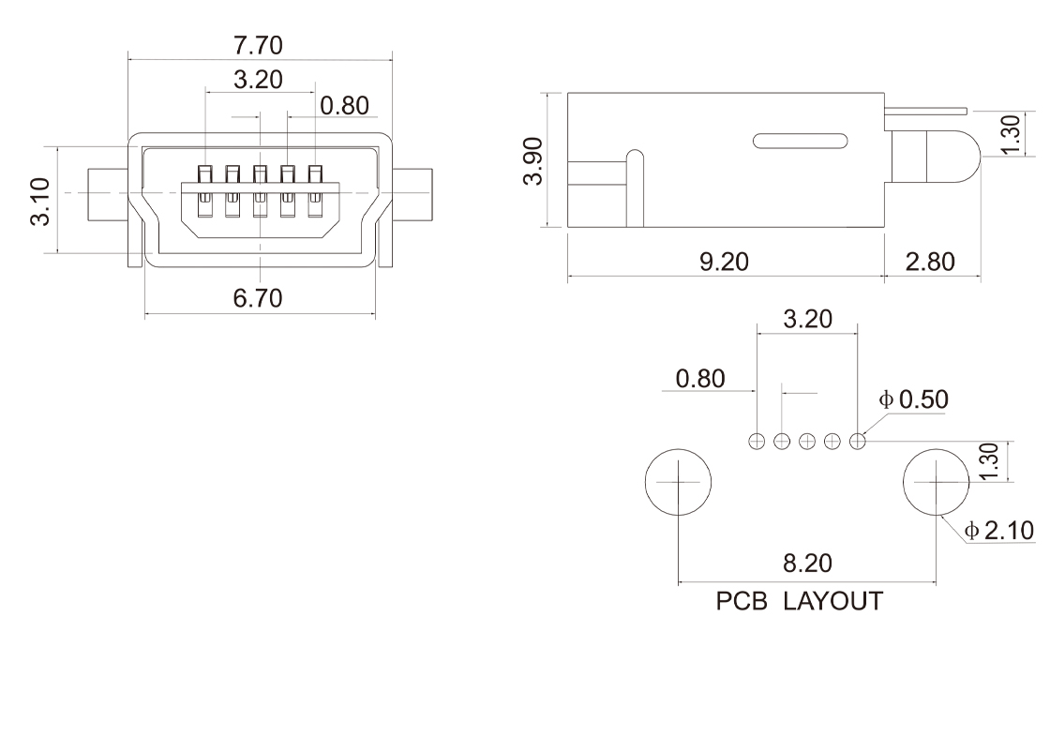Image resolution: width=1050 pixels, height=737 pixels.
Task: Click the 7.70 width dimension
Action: (260, 44)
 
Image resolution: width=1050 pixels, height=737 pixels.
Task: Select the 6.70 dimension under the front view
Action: (260, 298)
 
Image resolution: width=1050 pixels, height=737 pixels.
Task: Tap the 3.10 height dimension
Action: (40, 201)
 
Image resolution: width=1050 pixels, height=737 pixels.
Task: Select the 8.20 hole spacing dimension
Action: (806, 564)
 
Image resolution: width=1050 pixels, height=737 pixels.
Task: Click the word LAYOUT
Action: (832, 601)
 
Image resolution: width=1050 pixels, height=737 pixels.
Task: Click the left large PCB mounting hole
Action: (678, 482)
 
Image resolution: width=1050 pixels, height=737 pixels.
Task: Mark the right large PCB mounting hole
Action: (936, 482)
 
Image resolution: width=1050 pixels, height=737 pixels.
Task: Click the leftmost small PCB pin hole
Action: (757, 440)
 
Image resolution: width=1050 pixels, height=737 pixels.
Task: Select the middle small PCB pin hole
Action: (806, 440)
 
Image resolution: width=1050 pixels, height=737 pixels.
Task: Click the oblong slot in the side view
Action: (800, 141)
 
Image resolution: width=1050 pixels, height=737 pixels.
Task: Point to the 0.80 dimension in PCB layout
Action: (699, 379)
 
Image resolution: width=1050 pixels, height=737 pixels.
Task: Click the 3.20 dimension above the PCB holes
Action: (806, 319)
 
